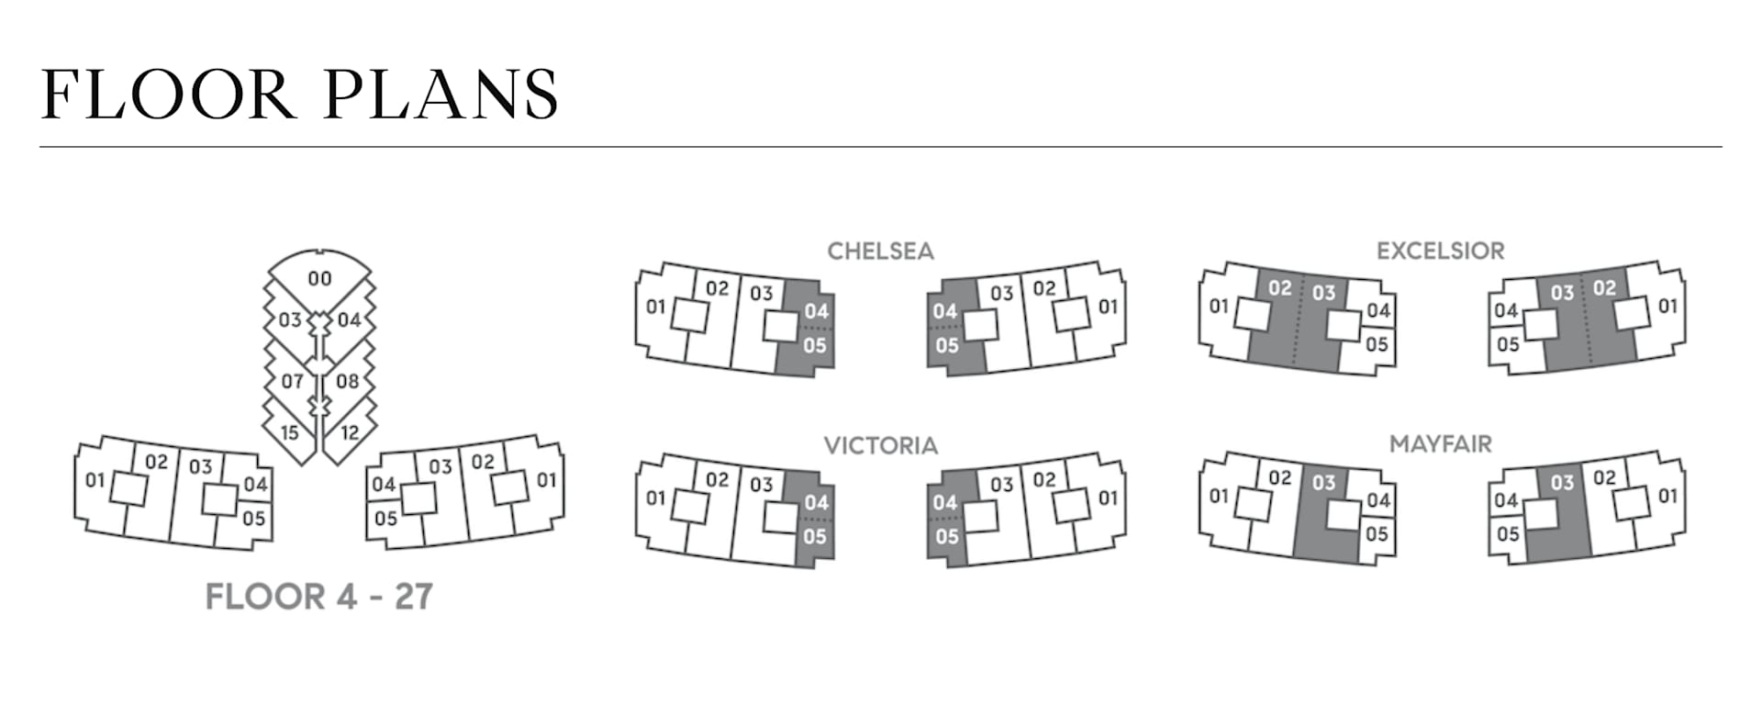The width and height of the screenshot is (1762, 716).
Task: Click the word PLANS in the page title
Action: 441,95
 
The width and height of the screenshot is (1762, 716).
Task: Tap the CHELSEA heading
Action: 880,252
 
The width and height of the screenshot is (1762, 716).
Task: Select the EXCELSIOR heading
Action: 1440,251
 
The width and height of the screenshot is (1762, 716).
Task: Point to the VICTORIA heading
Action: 880,446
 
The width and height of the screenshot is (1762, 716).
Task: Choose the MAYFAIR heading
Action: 1440,444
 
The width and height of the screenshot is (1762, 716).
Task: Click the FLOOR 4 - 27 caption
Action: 318,597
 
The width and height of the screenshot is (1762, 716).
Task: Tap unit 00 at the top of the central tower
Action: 319,278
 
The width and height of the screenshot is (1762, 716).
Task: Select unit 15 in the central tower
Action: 290,432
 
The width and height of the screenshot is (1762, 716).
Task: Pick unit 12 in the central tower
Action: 350,431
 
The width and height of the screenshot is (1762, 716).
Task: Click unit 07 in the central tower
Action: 292,380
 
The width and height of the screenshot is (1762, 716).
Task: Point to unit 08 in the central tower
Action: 347,380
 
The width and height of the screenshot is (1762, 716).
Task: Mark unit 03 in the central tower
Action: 290,319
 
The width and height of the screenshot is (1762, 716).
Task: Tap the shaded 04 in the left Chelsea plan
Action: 816,311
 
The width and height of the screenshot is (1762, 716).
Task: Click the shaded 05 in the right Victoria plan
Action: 946,536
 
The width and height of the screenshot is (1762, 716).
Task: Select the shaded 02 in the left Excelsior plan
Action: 1279,288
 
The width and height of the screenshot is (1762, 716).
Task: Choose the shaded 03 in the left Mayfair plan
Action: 1323,483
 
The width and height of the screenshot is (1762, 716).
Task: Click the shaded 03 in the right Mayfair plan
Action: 1562,483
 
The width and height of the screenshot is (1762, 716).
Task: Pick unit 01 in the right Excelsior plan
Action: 1667,307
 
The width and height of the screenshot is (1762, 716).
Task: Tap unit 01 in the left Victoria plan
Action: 655,498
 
